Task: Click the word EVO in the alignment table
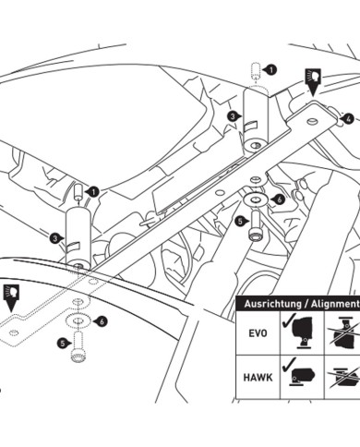[258, 333]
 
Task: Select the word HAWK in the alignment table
[258, 378]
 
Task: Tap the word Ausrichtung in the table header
[272, 304]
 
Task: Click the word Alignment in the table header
[335, 304]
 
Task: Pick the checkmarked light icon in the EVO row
[300, 332]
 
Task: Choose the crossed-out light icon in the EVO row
[344, 333]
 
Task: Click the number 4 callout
[348, 119]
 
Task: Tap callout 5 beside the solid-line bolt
[240, 221]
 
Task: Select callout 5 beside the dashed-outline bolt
[63, 344]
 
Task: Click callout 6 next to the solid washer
[278, 199]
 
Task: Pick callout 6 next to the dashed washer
[102, 322]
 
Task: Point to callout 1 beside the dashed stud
[270, 70]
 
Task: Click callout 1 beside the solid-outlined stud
[93, 192]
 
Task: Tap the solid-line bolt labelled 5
[256, 226]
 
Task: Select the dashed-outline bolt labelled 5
[78, 346]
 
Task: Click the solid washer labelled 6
[255, 199]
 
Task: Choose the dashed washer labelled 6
[78, 321]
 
